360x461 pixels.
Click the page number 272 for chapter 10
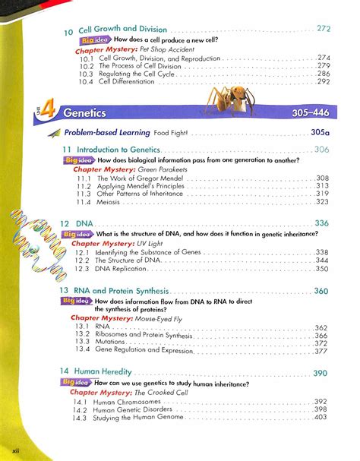pos(324,29)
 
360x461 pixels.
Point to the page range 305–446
pos(313,112)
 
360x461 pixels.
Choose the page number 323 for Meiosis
pos(321,203)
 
